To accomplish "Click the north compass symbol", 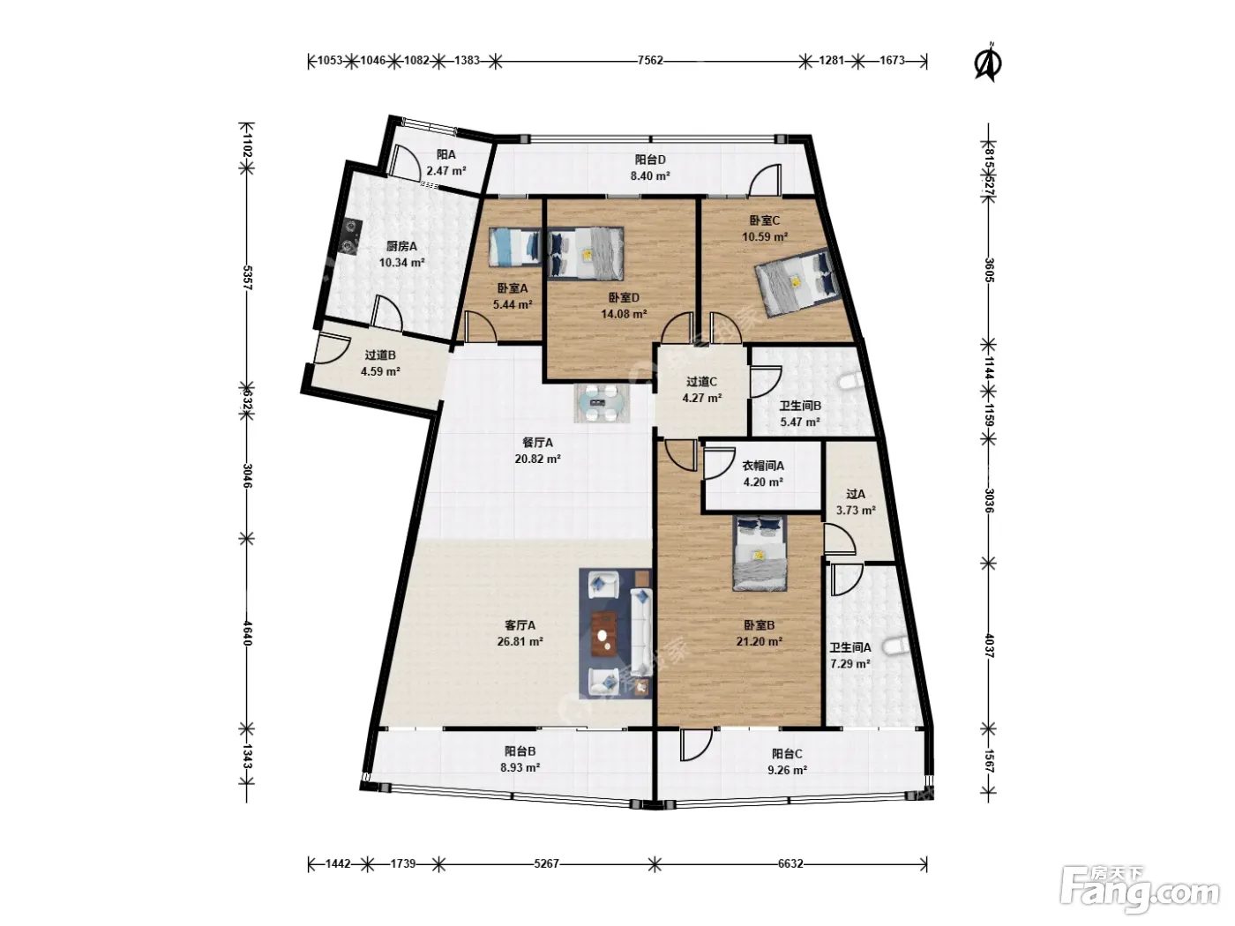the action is tap(987, 62).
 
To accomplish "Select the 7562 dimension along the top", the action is tap(650, 61).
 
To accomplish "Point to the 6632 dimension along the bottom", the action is tap(790, 863).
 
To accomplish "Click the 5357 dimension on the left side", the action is tap(247, 278).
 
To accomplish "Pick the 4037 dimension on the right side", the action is tap(990, 646).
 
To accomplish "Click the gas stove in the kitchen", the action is tap(351, 235).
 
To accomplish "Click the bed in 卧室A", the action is tap(515, 246).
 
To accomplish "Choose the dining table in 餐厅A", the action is tap(602, 403).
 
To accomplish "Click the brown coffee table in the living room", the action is tap(603, 633).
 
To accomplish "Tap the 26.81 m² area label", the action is tap(520, 641).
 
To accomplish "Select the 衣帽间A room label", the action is tap(763, 466).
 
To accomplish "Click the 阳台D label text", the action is tap(650, 160).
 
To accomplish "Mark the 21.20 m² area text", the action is tap(760, 641).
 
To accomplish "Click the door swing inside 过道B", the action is tap(332, 348).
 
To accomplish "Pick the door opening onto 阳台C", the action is tap(694, 744).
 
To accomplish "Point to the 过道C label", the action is tap(701, 382).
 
